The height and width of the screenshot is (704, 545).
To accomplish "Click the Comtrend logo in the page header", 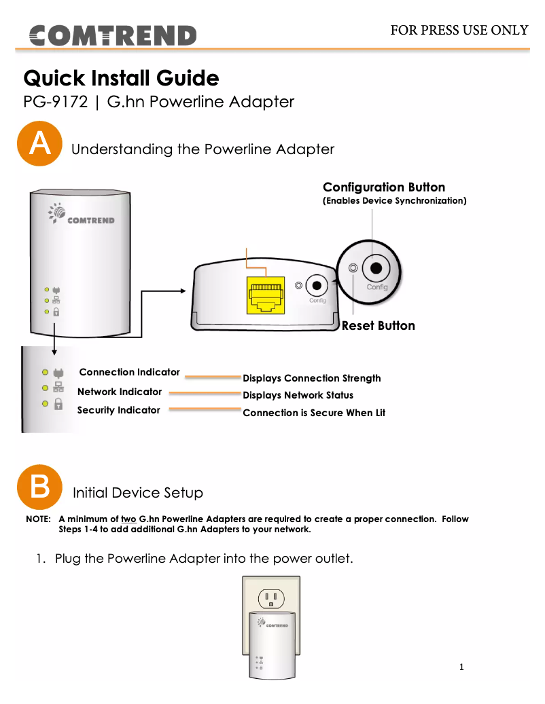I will pyautogui.click(x=112, y=35).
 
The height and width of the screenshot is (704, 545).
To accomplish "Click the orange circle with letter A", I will pyautogui.click(x=39, y=144).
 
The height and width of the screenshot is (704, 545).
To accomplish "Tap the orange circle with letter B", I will pyautogui.click(x=39, y=487).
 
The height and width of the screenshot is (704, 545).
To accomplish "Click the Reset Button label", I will pyautogui.click(x=378, y=326).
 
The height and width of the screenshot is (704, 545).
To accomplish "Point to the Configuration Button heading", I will pyautogui.click(x=384, y=187).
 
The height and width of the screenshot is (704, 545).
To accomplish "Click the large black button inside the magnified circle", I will pyautogui.click(x=376, y=268).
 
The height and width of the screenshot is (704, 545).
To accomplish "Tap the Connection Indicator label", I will pyautogui.click(x=129, y=372).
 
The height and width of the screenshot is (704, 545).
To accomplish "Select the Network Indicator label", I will pyautogui.click(x=120, y=392).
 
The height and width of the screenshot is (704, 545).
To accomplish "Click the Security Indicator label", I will pyautogui.click(x=119, y=410).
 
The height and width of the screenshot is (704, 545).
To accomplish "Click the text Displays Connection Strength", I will pyautogui.click(x=312, y=378).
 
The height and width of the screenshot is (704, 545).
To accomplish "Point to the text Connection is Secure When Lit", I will pyautogui.click(x=314, y=413).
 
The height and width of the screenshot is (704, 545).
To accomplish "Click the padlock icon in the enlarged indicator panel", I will pyautogui.click(x=58, y=405).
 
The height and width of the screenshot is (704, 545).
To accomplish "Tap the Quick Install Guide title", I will pyautogui.click(x=121, y=78).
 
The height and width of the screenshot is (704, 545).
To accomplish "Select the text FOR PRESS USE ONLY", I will pyautogui.click(x=459, y=30).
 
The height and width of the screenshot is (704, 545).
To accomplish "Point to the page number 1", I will pyautogui.click(x=461, y=667).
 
